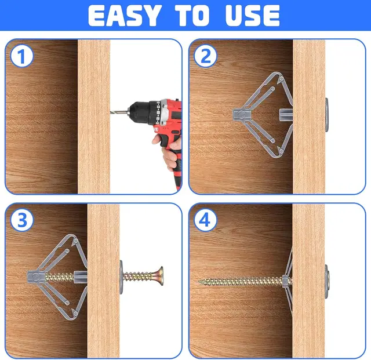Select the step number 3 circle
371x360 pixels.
pyautogui.click(x=21, y=220)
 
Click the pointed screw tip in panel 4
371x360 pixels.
pyautogui.click(x=201, y=282)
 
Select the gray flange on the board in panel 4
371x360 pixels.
pyautogui.click(x=327, y=278)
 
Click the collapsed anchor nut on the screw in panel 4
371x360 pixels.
pyautogui.click(x=285, y=282)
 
